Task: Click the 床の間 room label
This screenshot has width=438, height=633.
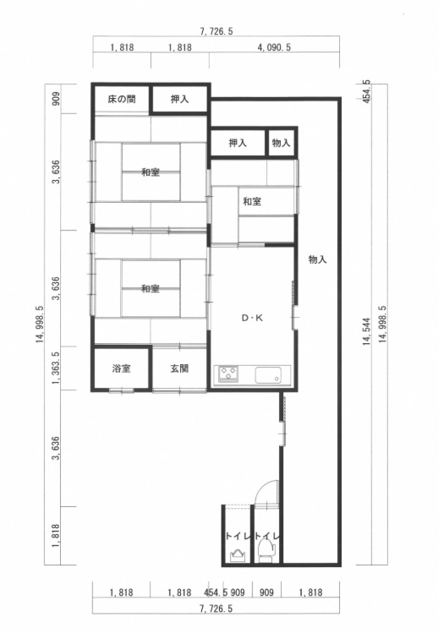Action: coord(121,99)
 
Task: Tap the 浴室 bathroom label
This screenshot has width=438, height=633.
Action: coord(121,368)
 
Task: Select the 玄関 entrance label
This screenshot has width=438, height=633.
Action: coord(179,368)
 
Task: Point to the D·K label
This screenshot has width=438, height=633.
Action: coord(252,318)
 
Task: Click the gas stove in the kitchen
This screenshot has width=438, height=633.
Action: coord(228,374)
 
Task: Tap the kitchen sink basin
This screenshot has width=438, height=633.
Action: coord(267,375)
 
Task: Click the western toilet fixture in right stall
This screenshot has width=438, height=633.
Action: coord(266,551)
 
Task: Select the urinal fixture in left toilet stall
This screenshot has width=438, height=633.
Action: coord(237,555)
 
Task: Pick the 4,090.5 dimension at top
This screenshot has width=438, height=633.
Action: coord(274,47)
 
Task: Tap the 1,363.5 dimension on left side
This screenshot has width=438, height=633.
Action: coord(56,368)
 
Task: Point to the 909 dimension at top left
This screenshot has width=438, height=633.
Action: coord(56,99)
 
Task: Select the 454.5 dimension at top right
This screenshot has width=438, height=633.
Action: coord(366,91)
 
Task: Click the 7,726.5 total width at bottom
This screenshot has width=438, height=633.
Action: coord(216,608)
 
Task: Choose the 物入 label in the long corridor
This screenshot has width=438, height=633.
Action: coord(318,259)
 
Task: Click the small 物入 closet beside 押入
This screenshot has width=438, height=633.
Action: coord(282,143)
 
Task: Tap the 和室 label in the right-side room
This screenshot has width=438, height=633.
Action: coord(252,201)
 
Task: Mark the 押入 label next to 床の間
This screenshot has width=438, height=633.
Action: coord(179,99)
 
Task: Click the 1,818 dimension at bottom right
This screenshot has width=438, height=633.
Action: coord(310,592)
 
